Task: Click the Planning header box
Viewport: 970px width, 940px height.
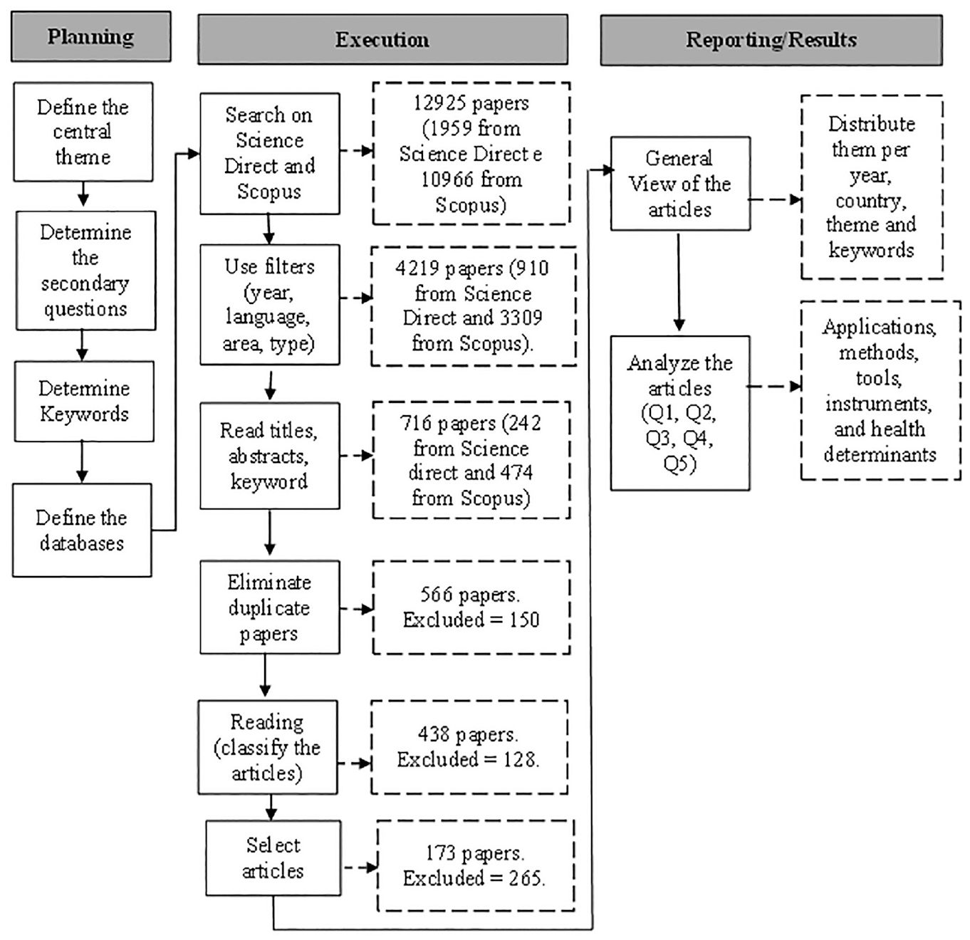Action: point(90,37)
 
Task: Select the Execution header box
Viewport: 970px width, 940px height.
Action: point(382,39)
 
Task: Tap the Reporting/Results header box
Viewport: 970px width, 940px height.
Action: point(771,40)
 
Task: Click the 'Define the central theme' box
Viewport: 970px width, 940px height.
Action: point(83,132)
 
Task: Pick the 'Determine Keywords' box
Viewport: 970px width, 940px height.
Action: point(84,401)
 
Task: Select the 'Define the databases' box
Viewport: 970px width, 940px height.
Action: point(82,531)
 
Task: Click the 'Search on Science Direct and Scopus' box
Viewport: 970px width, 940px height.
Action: point(270,154)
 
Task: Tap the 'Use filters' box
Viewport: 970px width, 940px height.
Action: point(270,305)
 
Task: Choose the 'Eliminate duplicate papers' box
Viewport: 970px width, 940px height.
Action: point(270,607)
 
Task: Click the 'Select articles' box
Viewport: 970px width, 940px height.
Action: point(273,858)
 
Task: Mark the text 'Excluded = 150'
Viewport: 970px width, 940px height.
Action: point(471,620)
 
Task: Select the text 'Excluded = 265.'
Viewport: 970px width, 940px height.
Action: point(474,878)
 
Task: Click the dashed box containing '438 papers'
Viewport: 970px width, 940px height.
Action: point(469,747)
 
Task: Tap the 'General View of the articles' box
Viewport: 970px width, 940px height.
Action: point(680,184)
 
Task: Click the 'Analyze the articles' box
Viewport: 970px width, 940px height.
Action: point(680,413)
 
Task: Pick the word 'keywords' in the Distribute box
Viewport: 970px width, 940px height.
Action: point(871,250)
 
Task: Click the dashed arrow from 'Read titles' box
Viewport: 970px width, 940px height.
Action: point(356,456)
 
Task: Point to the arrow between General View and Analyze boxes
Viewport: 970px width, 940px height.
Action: point(679,282)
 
